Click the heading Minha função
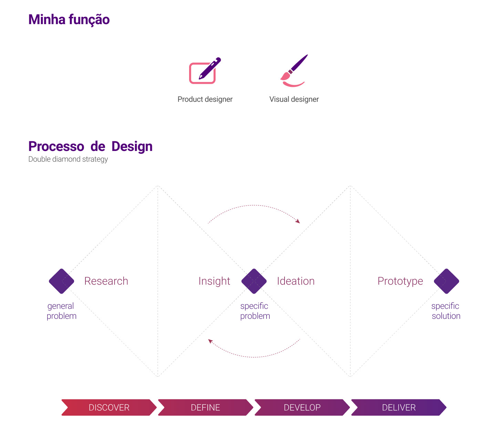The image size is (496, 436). [x=69, y=20]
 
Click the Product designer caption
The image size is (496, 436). [x=205, y=99]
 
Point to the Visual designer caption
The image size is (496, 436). [x=294, y=99]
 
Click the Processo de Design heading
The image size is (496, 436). [x=90, y=146]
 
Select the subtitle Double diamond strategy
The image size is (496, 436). [x=68, y=159]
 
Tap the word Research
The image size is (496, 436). [x=106, y=281]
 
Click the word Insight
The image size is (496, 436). [x=214, y=281]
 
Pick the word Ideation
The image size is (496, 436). [x=296, y=281]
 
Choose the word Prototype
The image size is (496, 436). [x=400, y=281]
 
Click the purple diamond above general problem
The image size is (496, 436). [x=62, y=281]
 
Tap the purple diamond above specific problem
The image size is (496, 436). [x=254, y=281]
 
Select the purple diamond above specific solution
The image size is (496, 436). [x=446, y=281]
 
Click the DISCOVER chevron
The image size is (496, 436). [x=109, y=407]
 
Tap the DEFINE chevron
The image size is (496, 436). [x=205, y=407]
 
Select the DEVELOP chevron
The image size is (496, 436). [x=302, y=407]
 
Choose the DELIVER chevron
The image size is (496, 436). [x=399, y=407]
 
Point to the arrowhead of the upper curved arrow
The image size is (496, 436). [x=298, y=222]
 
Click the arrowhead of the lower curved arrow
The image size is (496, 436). [x=210, y=341]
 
